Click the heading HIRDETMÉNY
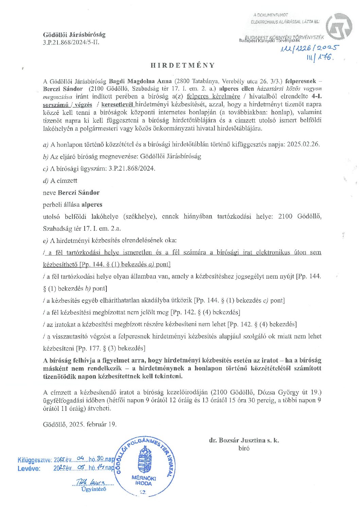(183, 65)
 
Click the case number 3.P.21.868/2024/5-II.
(71, 42)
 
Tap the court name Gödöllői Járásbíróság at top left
(74, 35)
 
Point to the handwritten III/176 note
(320, 58)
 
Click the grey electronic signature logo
(339, 27)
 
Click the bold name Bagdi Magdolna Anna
(140, 81)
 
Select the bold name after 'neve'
(79, 193)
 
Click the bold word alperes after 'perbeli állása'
(92, 205)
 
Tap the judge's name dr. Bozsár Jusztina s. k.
(244, 440)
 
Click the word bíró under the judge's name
(244, 449)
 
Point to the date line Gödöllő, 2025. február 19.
(80, 424)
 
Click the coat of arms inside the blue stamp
(145, 459)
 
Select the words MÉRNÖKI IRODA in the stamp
(143, 480)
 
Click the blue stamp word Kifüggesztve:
(35, 460)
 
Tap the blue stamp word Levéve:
(29, 468)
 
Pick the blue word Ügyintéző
(94, 489)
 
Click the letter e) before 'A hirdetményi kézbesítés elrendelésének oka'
(46, 241)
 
